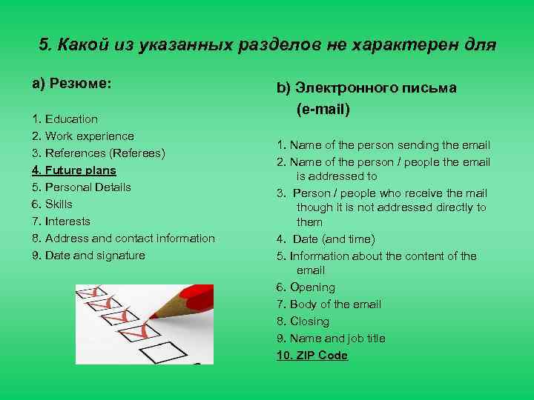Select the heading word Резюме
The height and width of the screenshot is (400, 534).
pos(81,84)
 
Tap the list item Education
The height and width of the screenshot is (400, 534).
pos(71,119)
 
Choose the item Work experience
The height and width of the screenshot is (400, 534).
pos(89,136)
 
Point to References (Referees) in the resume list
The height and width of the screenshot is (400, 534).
pos(105,153)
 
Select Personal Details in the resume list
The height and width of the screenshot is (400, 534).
pos(88,187)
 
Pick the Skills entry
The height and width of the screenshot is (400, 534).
pos(59,204)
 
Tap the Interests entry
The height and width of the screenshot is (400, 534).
pos(67,221)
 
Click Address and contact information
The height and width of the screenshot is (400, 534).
pos(130,238)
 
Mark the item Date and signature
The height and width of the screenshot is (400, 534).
pos(95,255)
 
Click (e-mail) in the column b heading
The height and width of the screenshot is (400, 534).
pos(323,110)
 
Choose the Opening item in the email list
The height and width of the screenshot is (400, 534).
pos(312,287)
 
